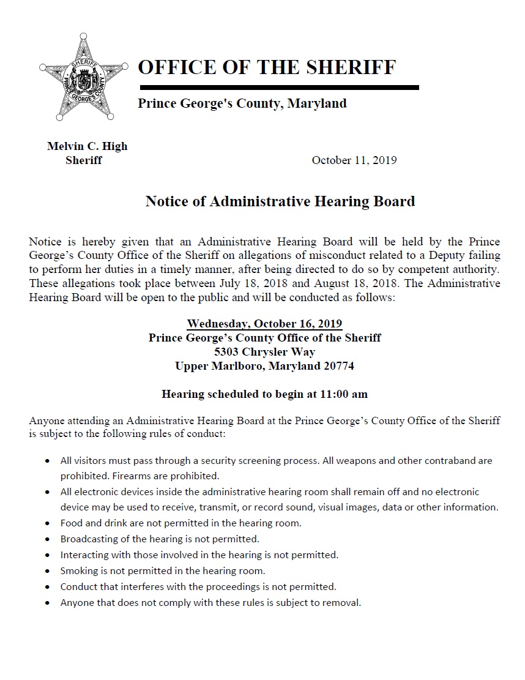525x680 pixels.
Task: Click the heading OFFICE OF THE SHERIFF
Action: click(267, 67)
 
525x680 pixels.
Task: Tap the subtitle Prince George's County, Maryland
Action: click(242, 103)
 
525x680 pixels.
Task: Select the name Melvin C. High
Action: click(87, 146)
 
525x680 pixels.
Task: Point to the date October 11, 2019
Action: click(354, 160)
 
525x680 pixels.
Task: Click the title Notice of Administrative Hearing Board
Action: click(280, 201)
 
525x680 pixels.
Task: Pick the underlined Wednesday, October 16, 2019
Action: click(264, 324)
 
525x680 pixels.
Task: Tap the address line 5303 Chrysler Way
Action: click(264, 352)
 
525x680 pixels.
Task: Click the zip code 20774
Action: click(338, 366)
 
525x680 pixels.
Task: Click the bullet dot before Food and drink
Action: click(48, 524)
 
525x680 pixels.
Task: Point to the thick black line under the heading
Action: click(278, 88)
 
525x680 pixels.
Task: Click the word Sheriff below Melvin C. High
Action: click(84, 160)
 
